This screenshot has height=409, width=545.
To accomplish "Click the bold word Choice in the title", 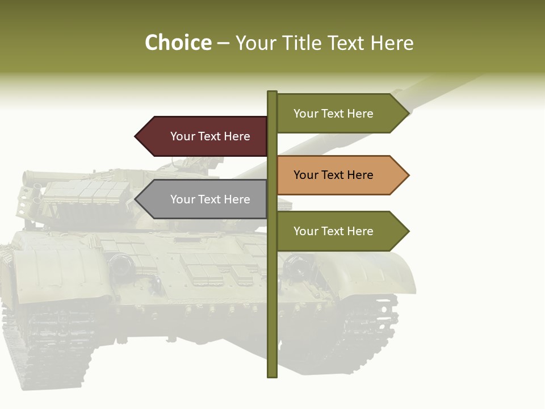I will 178,43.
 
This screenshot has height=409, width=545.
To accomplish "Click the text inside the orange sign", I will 333,175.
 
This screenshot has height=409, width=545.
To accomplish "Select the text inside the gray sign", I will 210,199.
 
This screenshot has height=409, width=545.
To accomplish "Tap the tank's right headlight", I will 296,266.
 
